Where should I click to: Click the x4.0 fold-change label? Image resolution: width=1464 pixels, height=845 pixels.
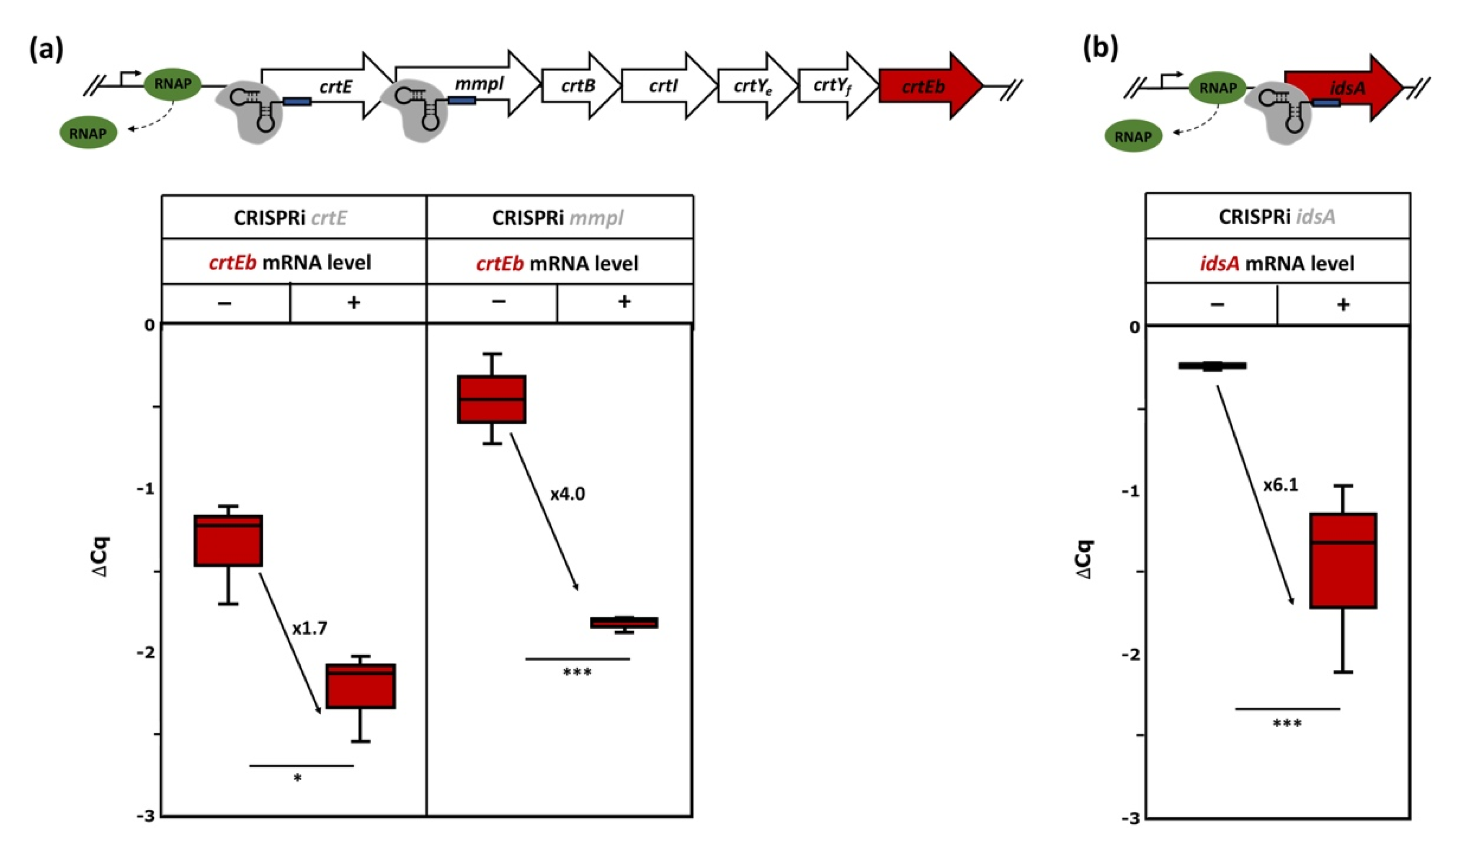coord(567,494)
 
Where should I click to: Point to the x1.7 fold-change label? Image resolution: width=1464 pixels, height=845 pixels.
coord(309,628)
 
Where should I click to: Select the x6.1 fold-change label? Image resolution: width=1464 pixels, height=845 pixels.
coord(1281,484)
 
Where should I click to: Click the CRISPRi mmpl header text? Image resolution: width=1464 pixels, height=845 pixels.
coord(558,218)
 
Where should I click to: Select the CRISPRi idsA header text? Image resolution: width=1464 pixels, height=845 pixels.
coord(1277,216)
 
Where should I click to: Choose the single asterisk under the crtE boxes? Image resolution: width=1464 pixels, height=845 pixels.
coord(297,778)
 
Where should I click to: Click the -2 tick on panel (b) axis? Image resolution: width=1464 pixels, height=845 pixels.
coord(1130,655)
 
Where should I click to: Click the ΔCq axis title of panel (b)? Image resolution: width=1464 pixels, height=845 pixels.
coord(1084,559)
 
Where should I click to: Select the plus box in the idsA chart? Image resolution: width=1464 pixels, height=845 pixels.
coord(1343,560)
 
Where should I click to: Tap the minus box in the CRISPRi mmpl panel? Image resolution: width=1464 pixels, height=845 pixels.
coord(492,399)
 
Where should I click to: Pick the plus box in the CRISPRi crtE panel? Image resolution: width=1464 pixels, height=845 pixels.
coord(360,686)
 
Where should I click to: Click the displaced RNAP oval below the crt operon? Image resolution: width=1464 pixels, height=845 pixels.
coord(88,133)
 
